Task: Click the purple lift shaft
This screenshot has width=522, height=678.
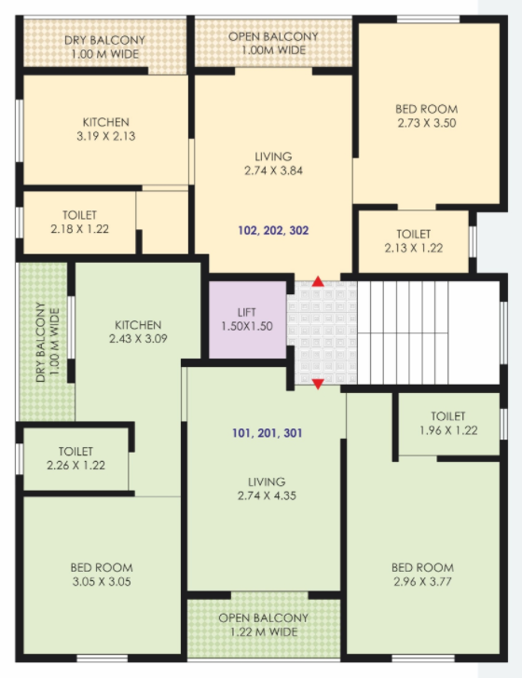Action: (248, 319)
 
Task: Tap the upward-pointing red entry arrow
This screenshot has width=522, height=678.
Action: (318, 281)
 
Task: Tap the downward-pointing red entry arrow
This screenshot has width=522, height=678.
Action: (318, 384)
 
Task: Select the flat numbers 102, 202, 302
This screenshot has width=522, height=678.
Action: (273, 230)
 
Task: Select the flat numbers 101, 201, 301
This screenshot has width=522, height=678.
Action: (268, 433)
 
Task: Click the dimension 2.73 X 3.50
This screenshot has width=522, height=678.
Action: (427, 123)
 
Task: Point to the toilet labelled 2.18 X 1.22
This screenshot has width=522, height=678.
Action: (79, 223)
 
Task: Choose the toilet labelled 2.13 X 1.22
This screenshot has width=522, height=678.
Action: (414, 241)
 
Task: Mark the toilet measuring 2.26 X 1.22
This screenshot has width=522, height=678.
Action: (76, 458)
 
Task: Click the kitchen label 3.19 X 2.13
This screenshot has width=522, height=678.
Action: (106, 136)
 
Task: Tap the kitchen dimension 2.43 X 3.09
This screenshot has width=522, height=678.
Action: (138, 339)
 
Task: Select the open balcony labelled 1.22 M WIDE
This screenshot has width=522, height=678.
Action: (264, 625)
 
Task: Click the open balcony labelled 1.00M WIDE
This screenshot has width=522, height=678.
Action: (273, 43)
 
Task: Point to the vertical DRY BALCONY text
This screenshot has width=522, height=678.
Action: (40, 342)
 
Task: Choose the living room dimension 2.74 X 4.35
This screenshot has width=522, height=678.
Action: (267, 495)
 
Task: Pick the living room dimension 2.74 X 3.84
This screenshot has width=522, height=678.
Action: (273, 170)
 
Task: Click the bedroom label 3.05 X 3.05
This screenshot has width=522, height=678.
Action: (102, 581)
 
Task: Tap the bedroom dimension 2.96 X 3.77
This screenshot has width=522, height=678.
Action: (423, 581)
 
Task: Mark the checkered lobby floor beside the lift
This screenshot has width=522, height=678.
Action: (323, 333)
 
